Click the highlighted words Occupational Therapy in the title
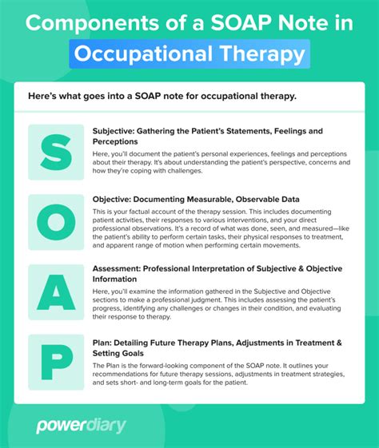coord(189,54)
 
